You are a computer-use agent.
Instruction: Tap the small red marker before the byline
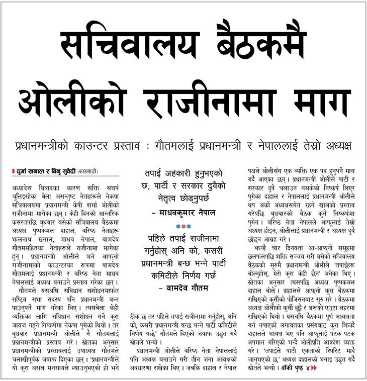[x=14, y=171]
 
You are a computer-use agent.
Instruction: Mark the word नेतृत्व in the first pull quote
[x=164, y=199]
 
